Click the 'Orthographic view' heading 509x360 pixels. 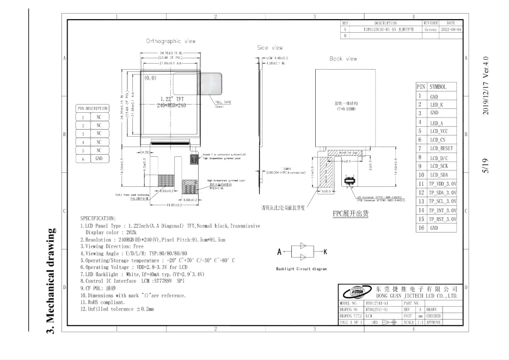171,41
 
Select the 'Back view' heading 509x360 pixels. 343,58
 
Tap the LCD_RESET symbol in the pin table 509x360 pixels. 442,148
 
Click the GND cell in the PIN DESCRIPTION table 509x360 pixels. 99,158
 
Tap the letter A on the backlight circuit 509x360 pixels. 280,252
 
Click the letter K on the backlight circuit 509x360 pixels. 324,252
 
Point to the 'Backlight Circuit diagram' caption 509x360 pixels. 301,269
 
